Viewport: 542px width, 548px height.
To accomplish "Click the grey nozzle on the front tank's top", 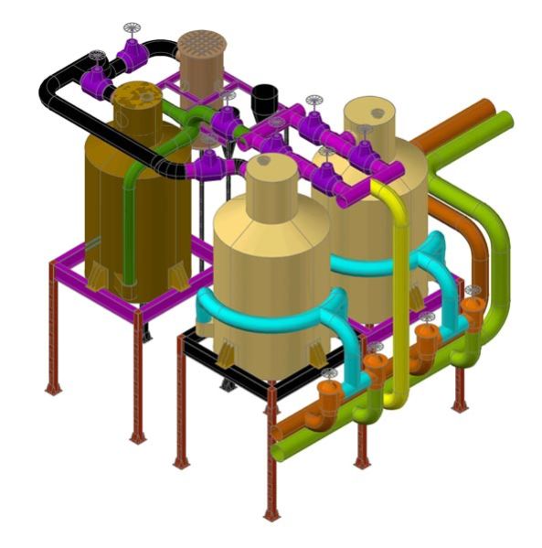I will point(263,161).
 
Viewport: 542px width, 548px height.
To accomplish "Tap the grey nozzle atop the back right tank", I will point(376,112).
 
